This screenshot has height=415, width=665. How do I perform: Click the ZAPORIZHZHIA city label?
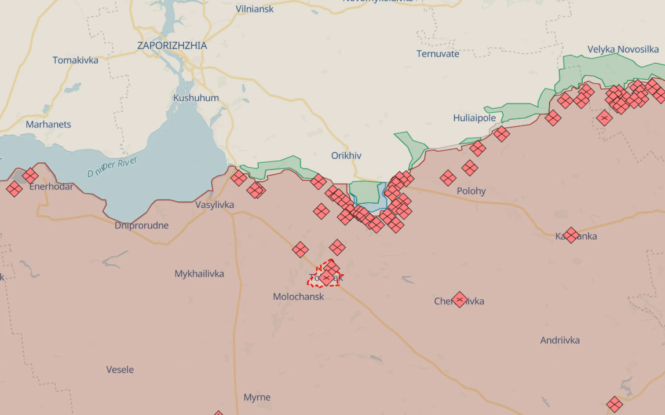(172, 45)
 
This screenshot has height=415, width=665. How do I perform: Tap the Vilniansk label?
(255, 9)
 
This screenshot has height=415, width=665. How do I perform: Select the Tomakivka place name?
(75, 60)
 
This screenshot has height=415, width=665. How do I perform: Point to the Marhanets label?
(49, 124)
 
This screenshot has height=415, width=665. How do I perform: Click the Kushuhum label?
(196, 98)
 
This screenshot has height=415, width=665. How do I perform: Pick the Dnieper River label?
(112, 167)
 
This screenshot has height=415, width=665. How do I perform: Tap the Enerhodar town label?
(51, 187)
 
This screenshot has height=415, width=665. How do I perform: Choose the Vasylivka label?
(214, 205)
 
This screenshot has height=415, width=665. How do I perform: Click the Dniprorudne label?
(142, 225)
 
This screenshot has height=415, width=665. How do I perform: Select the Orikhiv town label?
(346, 156)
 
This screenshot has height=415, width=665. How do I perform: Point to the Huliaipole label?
(474, 118)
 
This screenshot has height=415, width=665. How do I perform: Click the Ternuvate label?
(438, 54)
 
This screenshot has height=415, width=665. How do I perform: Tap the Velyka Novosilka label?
(623, 49)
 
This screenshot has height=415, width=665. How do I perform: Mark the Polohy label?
(471, 191)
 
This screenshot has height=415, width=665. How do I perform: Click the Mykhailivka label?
(199, 274)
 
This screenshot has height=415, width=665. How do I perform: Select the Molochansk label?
(298, 296)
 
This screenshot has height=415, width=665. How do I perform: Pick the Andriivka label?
(560, 340)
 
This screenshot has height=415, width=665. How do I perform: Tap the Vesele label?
(120, 369)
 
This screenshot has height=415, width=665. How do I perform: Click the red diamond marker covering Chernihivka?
(459, 300)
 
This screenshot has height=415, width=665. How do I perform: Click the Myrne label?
(257, 398)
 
